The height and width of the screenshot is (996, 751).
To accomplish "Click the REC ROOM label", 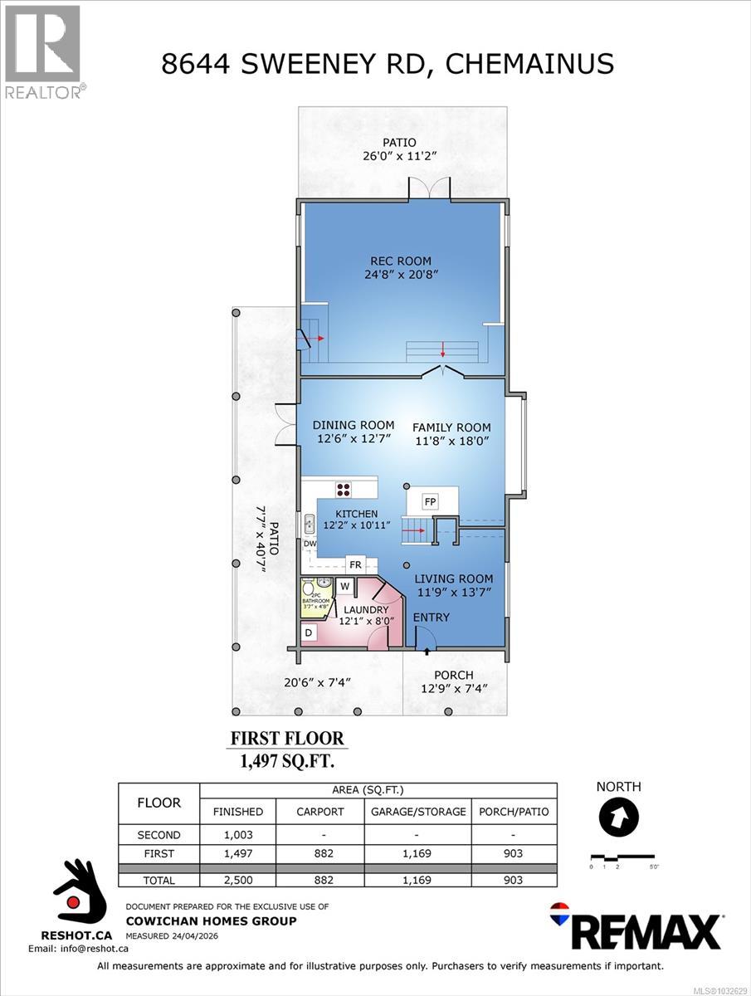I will pyautogui.click(x=401, y=261).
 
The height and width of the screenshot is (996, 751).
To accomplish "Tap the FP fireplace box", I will pyautogui.click(x=430, y=502).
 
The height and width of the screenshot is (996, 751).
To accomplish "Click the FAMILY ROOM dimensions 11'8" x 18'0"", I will pyautogui.click(x=452, y=442).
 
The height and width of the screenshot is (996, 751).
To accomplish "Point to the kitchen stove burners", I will pyautogui.click(x=344, y=487).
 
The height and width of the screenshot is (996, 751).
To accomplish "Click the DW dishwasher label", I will pyautogui.click(x=310, y=544).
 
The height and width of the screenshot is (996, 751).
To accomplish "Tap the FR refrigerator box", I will pyautogui.click(x=354, y=564).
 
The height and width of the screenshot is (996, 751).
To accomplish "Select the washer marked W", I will pyautogui.click(x=345, y=587).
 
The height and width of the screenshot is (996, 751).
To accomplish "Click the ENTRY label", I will pyautogui.click(x=431, y=617).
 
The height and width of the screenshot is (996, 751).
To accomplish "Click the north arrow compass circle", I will pyautogui.click(x=618, y=818).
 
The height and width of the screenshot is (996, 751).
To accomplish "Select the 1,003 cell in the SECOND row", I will pyautogui.click(x=237, y=835).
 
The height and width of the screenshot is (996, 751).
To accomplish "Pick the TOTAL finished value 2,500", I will pyautogui.click(x=237, y=880).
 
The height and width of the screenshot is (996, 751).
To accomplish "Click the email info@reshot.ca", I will pyautogui.click(x=78, y=948).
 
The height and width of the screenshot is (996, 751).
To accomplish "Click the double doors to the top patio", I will pyautogui.click(x=428, y=189).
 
